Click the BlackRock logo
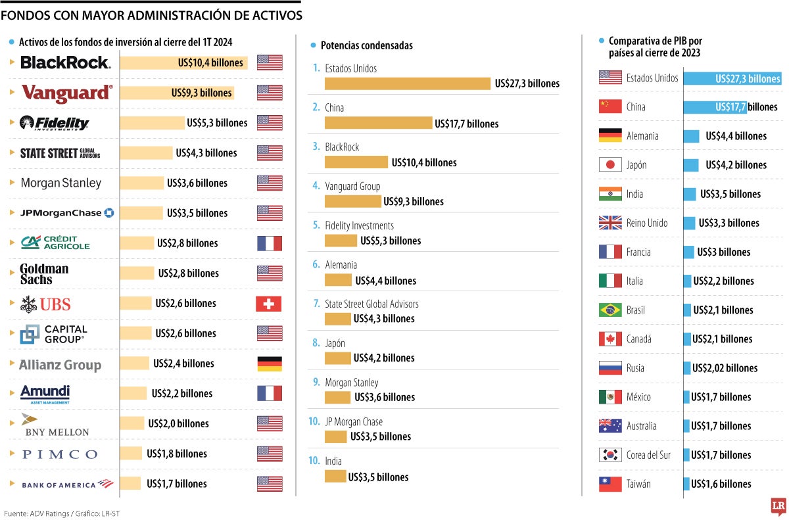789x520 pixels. [65, 62]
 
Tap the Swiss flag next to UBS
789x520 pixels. [268, 303]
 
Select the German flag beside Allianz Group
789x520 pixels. [269, 364]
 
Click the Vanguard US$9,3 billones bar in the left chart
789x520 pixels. [176, 93]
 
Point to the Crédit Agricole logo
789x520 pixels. [55, 243]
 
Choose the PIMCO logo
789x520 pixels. [59, 454]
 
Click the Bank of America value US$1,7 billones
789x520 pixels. [176, 484]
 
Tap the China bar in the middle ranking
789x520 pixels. [378, 123]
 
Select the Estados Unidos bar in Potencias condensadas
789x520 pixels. [408, 83]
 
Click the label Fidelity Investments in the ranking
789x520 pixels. [359, 225]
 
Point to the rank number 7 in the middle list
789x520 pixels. [316, 304]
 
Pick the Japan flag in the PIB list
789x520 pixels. [610, 165]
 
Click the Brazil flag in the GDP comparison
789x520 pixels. [610, 310]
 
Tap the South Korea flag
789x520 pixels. [610, 455]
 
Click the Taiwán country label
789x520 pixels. [639, 484]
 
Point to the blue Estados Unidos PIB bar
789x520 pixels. [732, 78]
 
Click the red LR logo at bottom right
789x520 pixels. [778, 506]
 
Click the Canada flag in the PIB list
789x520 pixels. [610, 339]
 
